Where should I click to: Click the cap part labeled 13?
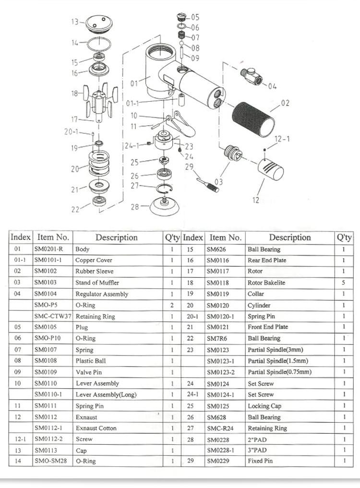(98, 24)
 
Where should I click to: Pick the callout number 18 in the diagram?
(74, 93)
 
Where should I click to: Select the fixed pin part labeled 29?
(207, 184)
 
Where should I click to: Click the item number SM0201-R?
(48, 249)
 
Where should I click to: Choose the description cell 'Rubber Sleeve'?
(95, 272)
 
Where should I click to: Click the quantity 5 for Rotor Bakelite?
(344, 283)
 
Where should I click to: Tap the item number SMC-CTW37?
(53, 317)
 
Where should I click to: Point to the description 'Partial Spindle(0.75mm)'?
(279, 372)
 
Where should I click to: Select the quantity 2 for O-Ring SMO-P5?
(171, 305)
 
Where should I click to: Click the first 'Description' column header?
(116, 237)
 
